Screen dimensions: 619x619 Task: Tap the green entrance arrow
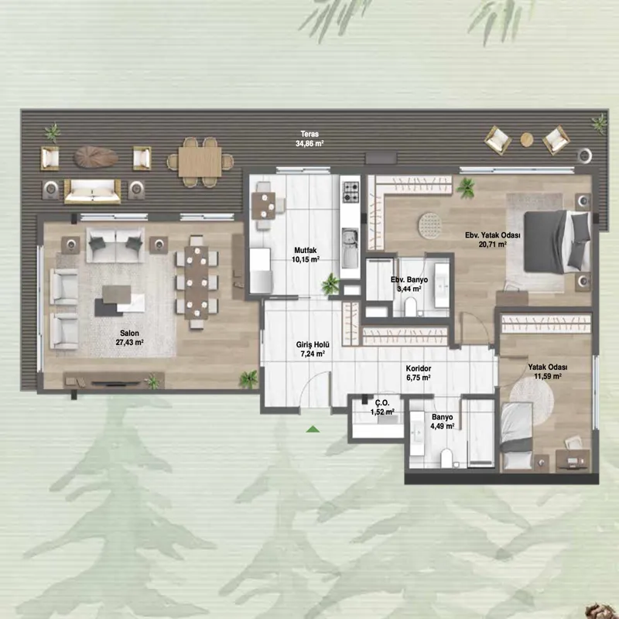point(313,429)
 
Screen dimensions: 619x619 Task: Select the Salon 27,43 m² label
point(129,337)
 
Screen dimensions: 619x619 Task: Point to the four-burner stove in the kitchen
point(351,192)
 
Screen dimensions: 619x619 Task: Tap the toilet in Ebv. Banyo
point(411,307)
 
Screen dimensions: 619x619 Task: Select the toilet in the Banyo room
point(447,458)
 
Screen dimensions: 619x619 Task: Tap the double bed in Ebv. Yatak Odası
point(556,241)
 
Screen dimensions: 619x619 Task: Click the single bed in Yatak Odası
point(516,436)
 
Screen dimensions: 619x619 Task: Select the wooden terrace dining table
point(200,162)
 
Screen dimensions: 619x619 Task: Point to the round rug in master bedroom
point(429,225)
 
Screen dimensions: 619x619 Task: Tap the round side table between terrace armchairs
point(526,139)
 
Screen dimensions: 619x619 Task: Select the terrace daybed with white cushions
point(92,192)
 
